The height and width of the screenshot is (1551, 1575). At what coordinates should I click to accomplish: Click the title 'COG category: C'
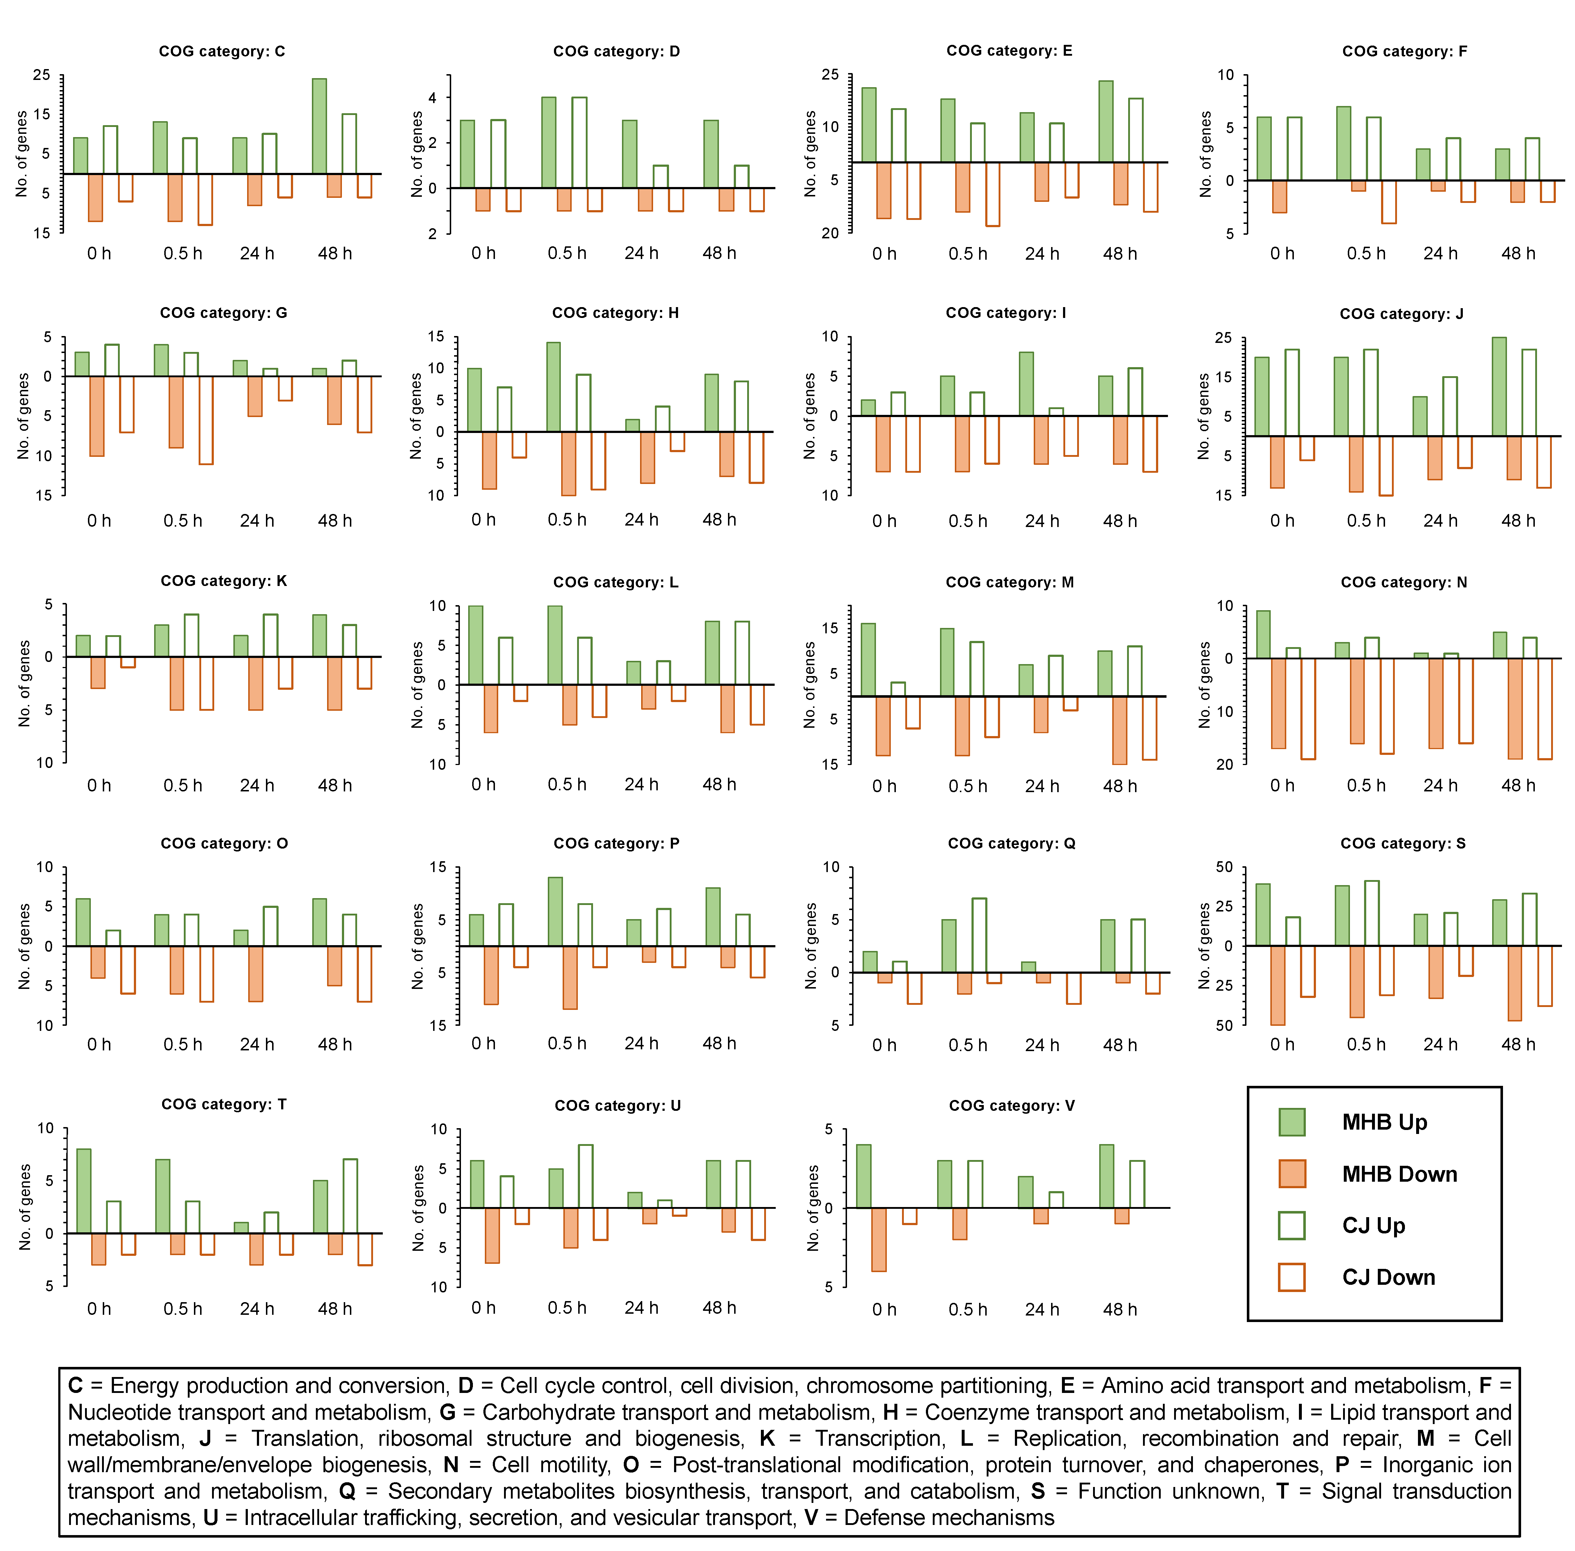222,51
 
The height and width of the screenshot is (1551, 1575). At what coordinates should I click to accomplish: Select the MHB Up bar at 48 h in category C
319,126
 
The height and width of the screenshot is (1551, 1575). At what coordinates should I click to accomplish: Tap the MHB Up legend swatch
1291,1122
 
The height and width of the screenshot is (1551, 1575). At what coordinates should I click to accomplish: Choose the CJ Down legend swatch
1291,1276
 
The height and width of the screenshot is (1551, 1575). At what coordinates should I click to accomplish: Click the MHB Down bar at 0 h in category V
878,1239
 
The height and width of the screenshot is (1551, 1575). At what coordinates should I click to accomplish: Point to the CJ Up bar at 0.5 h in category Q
979,935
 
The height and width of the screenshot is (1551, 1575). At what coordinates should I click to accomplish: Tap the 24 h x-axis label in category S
1440,1044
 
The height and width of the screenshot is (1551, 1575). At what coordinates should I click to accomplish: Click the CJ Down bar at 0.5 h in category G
205,420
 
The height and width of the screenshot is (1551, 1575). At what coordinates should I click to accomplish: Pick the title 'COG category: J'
1401,314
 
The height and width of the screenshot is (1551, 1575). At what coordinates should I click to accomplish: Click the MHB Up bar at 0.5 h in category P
555,912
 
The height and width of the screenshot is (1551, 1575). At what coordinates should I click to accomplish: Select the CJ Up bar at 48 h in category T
350,1196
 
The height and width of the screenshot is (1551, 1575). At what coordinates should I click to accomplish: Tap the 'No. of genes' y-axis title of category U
419,1207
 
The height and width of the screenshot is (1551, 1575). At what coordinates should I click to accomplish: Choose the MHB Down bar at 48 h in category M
1119,730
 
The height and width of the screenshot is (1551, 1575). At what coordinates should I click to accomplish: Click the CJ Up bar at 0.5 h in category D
579,143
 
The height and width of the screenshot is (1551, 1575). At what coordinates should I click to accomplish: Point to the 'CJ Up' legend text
1374,1225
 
